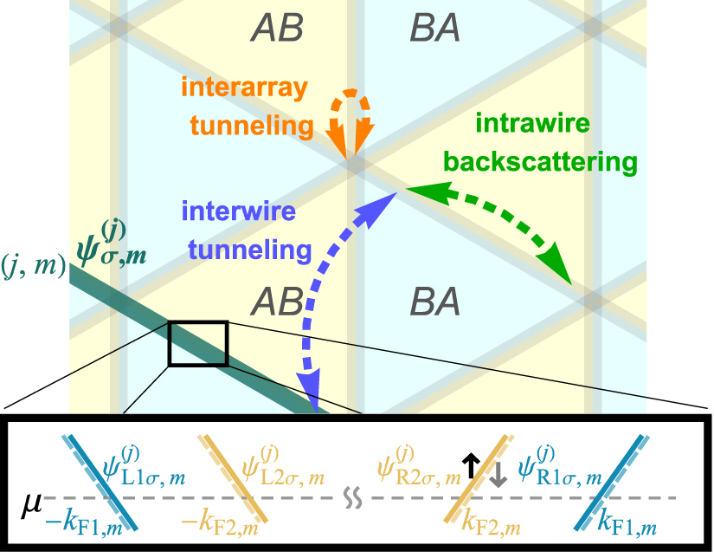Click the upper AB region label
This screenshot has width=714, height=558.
click(277, 29)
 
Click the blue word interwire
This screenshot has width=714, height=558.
click(239, 213)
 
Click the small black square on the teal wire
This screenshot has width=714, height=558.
click(197, 343)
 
